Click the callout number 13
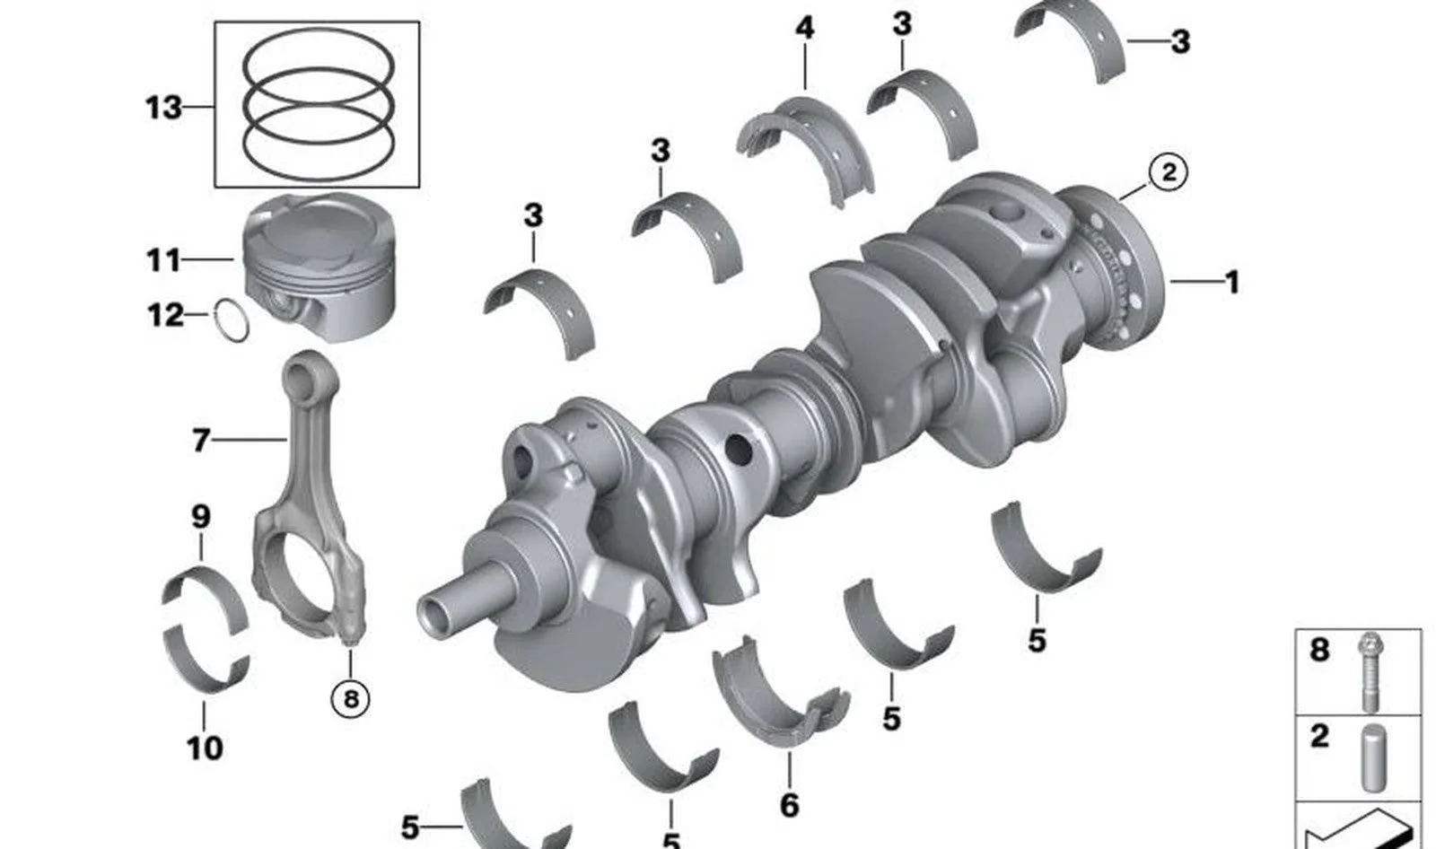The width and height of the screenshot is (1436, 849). tap(163, 107)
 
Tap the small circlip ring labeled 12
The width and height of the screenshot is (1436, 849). tap(232, 320)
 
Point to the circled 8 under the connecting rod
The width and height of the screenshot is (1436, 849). tap(350, 698)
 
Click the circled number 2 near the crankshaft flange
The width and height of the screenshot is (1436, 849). tap(1168, 172)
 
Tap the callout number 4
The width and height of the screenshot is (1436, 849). tap(804, 28)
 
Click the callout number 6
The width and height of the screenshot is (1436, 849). tap(789, 805)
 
